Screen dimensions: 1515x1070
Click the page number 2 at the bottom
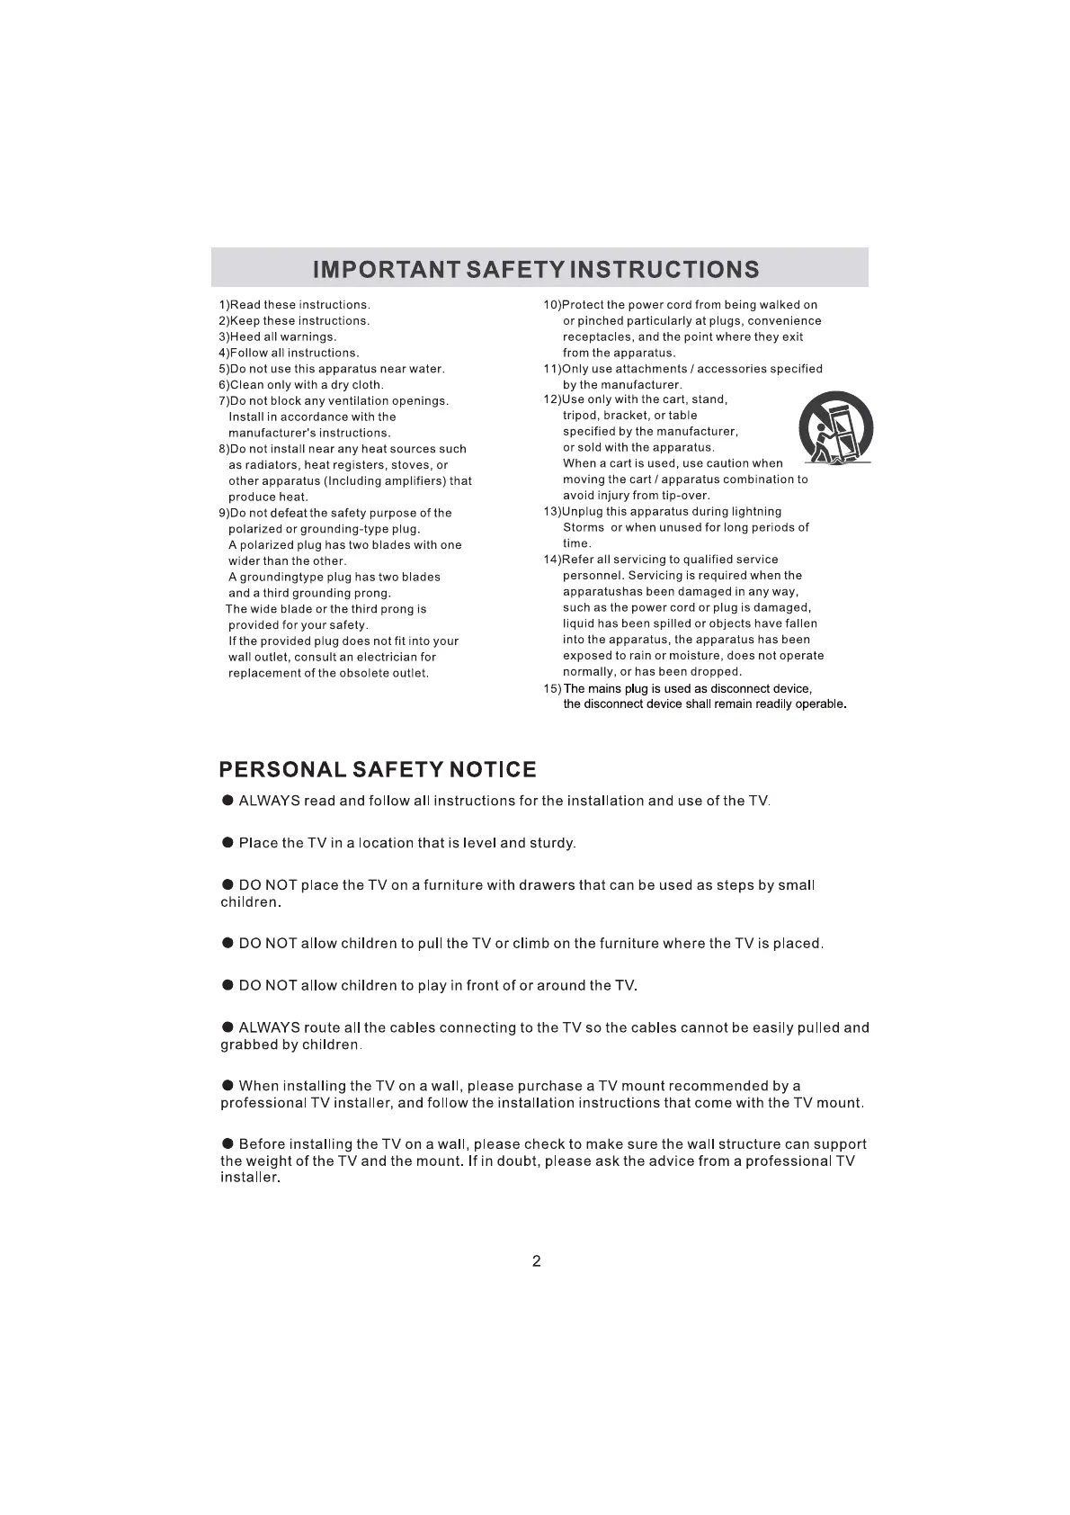click(x=536, y=1261)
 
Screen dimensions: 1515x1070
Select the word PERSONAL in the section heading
click(x=279, y=770)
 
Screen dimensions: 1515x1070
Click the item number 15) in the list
click(x=552, y=689)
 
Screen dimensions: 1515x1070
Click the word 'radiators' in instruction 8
click(x=273, y=465)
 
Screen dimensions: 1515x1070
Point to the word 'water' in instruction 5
click(x=425, y=369)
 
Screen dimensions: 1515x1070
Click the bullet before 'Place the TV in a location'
click(x=228, y=843)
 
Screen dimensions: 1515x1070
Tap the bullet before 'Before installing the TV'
click(x=228, y=1144)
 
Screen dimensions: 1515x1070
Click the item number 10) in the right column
click(x=552, y=305)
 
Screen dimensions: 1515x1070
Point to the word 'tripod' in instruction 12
click(x=581, y=416)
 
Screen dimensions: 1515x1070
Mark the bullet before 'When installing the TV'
click(x=228, y=1086)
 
